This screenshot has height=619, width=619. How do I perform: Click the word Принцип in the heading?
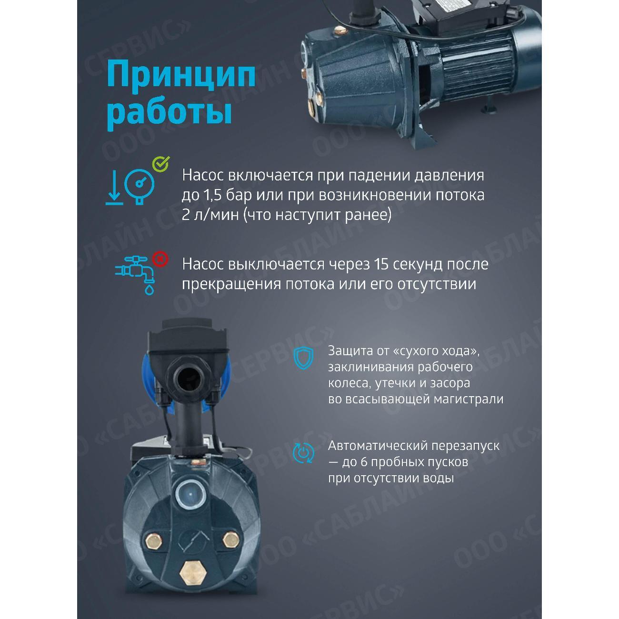(x=181, y=75)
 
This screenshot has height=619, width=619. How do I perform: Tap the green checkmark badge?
(x=160, y=164)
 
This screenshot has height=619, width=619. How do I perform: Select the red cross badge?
(x=160, y=260)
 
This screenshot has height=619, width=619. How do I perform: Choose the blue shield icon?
(x=303, y=358)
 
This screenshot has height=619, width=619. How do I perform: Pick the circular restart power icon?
(x=303, y=452)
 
